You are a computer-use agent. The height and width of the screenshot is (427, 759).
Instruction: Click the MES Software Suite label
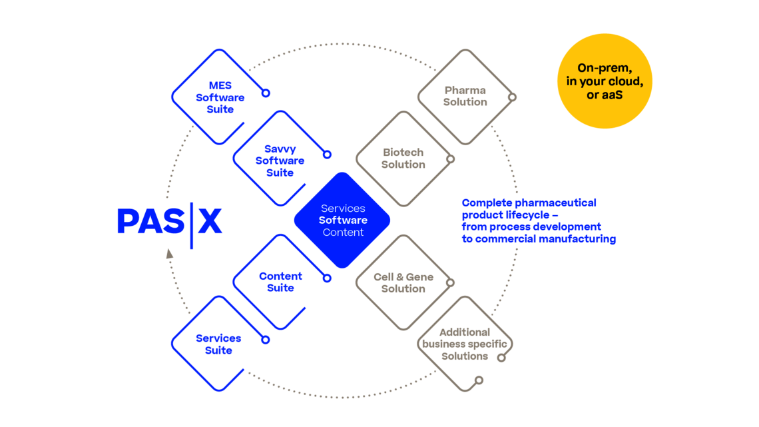click(220, 97)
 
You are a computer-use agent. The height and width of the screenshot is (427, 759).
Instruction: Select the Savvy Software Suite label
click(280, 161)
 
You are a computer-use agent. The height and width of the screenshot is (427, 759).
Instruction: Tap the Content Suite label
click(280, 282)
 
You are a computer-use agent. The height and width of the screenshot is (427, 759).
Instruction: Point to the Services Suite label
click(218, 344)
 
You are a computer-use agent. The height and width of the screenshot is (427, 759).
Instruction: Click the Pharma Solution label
click(465, 96)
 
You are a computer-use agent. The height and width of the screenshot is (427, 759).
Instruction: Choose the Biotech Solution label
click(403, 159)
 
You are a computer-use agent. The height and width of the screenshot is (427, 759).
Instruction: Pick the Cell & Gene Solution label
click(403, 282)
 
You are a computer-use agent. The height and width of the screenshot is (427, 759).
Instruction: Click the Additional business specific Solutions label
click(465, 344)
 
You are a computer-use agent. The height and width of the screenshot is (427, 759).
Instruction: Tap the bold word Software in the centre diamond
click(343, 220)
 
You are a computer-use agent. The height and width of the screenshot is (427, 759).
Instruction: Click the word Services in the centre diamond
click(343, 209)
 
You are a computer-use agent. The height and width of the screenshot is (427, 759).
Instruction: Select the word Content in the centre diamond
click(343, 232)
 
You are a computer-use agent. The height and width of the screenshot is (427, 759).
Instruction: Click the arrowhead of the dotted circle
click(168, 253)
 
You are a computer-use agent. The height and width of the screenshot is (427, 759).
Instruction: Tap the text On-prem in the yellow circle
click(605, 68)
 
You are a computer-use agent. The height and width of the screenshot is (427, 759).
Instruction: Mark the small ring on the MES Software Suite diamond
click(266, 93)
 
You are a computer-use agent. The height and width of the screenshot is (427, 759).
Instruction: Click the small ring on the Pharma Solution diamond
click(512, 97)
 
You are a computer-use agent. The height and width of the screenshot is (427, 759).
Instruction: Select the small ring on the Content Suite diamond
click(327, 278)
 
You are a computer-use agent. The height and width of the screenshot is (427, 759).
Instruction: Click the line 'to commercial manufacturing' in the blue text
click(539, 239)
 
